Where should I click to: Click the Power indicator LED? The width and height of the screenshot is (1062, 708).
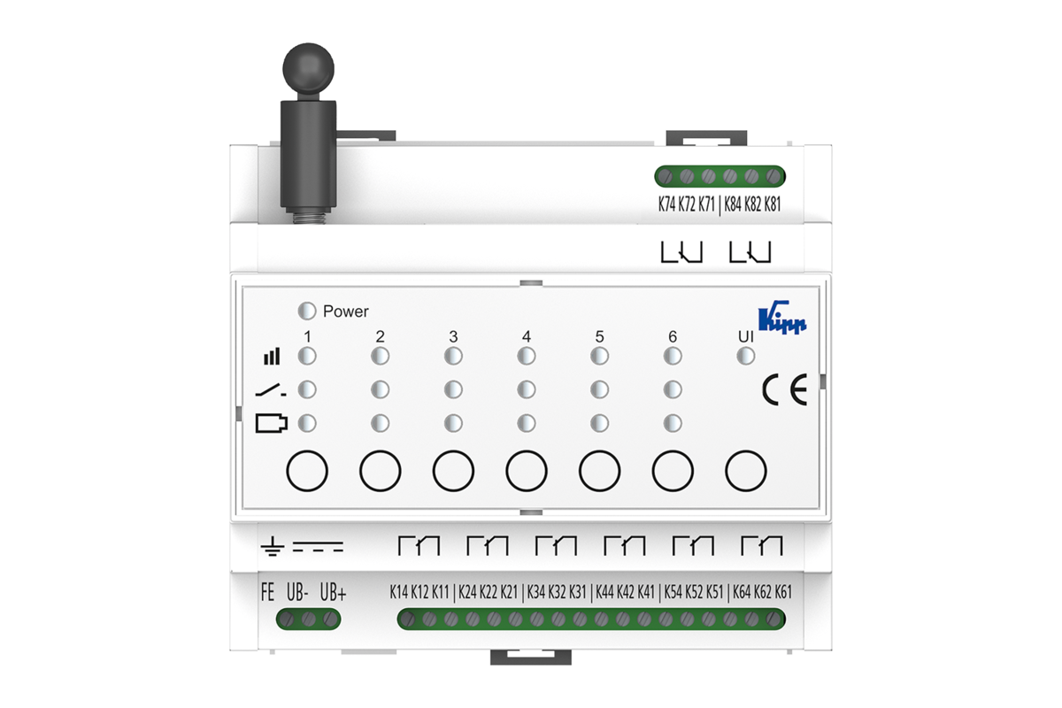coord(307,312)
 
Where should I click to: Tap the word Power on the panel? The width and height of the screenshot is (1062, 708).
coord(346,312)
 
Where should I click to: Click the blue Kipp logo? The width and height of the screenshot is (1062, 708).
coord(782,317)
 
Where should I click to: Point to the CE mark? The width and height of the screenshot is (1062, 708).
coord(785,389)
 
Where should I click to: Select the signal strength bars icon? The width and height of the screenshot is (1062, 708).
coord(272,356)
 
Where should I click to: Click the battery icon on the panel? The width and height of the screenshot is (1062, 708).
coord(271,423)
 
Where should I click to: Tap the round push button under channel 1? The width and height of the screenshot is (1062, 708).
coord(307,471)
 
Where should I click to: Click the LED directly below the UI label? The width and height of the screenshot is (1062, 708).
coord(746,356)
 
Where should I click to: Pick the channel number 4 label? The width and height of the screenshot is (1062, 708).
coord(527,336)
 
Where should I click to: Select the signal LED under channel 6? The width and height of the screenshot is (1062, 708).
coord(673,356)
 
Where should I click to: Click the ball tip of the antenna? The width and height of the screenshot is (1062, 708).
coord(308,68)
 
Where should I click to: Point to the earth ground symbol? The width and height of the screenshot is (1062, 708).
coord(273,546)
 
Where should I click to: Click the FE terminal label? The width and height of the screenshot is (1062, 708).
coord(267,592)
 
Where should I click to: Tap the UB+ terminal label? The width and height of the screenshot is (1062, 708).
coord(333,592)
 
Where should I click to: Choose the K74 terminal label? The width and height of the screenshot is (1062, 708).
coord(666,204)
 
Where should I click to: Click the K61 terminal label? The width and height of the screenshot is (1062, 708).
coord(783,592)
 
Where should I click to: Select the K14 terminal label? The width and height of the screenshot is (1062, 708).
coord(399,592)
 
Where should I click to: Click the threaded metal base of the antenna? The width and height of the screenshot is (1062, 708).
coord(309,216)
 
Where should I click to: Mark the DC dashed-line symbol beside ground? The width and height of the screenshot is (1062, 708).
coord(318,547)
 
